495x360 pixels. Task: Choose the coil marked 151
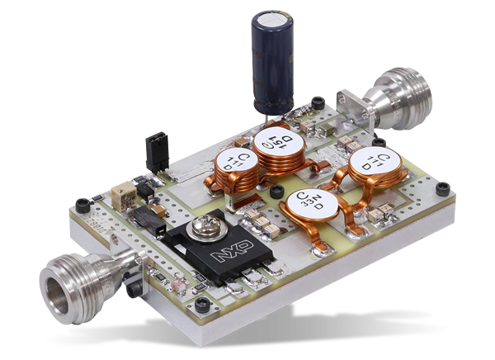(x=278, y=142)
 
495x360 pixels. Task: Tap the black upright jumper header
(x=154, y=149)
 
